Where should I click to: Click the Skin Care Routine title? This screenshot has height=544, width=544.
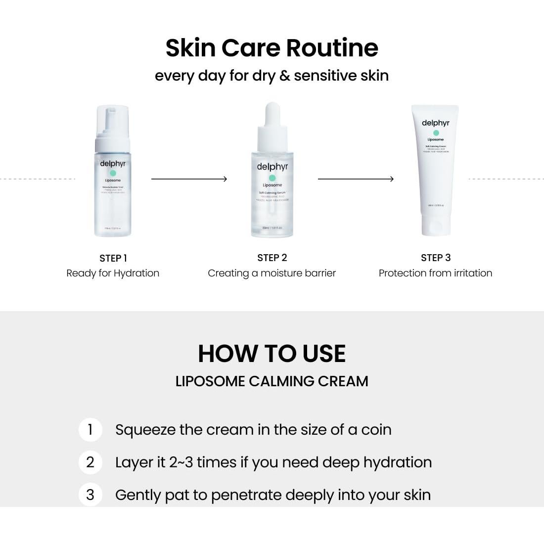click(x=272, y=48)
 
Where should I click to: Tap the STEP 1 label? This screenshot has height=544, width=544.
click(x=113, y=258)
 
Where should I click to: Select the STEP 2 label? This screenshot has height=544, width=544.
click(x=272, y=258)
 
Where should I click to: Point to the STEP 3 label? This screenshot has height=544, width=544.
click(x=435, y=258)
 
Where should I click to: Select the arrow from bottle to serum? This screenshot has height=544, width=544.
click(x=188, y=179)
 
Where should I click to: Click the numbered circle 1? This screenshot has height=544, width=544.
click(x=90, y=429)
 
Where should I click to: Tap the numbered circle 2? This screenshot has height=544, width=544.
click(x=90, y=462)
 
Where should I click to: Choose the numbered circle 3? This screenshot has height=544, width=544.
click(x=90, y=495)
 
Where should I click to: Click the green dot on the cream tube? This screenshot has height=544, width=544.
click(x=436, y=133)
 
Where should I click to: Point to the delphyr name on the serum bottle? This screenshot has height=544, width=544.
click(x=272, y=167)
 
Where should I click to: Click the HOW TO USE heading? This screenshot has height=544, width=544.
click(x=272, y=354)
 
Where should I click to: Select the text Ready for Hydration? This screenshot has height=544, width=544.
click(x=113, y=273)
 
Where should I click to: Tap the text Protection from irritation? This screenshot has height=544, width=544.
click(x=435, y=273)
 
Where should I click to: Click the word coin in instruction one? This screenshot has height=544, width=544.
click(x=376, y=430)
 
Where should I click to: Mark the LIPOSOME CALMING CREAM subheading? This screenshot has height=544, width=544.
click(x=272, y=381)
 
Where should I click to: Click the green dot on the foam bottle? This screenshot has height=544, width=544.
click(x=113, y=173)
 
